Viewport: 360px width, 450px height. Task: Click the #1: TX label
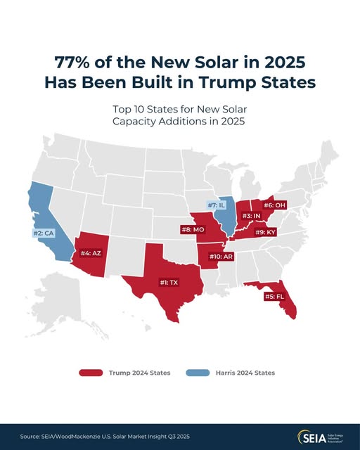(169, 283)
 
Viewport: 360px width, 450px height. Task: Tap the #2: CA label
(44, 233)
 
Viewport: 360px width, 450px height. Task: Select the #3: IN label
(251, 216)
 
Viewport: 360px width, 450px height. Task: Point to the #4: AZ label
(91, 253)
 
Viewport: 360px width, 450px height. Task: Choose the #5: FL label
(274, 297)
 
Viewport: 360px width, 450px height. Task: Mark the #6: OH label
(275, 205)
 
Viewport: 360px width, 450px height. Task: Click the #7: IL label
(216, 205)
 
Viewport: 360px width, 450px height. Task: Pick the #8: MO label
(193, 230)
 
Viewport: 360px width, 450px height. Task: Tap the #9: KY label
(266, 232)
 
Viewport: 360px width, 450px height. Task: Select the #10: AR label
(221, 256)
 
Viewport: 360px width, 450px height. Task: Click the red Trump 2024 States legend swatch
(91, 373)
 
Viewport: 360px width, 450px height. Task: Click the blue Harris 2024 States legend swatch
(198, 373)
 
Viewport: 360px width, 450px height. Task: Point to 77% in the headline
(72, 62)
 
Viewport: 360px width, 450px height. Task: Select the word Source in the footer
(29, 437)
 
